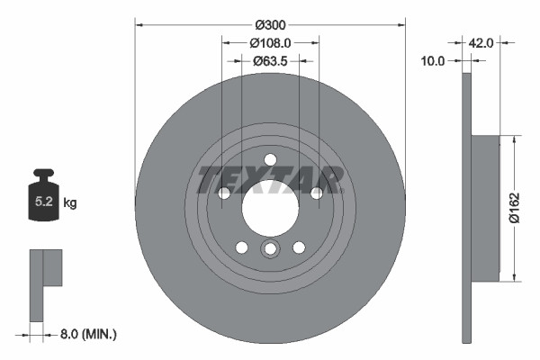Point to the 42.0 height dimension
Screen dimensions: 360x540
[x=482, y=41]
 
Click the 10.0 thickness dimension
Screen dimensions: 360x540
[x=434, y=61]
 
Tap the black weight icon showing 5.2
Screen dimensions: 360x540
[x=43, y=200]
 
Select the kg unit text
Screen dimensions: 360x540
[x=70, y=203]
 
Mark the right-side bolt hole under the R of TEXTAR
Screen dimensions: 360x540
[x=316, y=193]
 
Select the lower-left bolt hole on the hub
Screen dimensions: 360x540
[x=241, y=247]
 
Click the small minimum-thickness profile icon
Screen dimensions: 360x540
[x=45, y=283]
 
